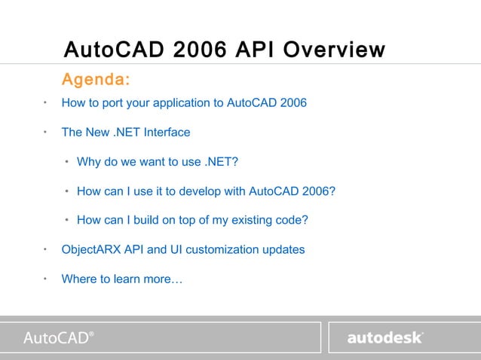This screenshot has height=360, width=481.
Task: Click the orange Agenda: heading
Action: point(95,79)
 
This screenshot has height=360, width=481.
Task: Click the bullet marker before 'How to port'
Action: point(45,102)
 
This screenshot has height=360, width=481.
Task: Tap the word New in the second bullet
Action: point(96,133)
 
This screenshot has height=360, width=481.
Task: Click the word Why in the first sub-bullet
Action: point(89,162)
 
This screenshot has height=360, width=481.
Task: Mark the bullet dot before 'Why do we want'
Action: point(67,162)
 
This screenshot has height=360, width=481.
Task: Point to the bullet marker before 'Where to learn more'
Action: point(45,278)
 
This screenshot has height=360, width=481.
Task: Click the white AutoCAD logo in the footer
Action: point(59,337)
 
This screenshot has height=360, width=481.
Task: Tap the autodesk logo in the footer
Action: point(385,337)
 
